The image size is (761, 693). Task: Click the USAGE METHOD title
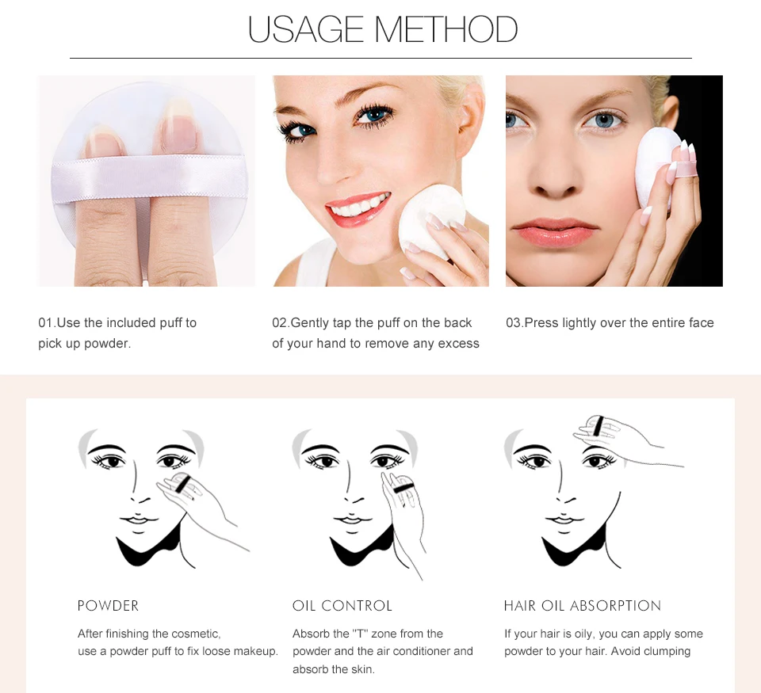(x=382, y=30)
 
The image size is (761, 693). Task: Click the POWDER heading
(x=109, y=606)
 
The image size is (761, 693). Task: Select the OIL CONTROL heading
(x=342, y=606)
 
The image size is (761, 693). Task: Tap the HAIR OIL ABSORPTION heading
(x=583, y=606)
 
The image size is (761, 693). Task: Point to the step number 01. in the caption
(x=47, y=323)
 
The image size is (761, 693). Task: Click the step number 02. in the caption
(x=281, y=323)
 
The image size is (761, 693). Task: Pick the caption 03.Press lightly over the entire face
(x=610, y=323)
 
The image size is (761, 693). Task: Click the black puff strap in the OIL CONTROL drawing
(x=400, y=485)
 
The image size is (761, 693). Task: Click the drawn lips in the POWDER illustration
(x=136, y=520)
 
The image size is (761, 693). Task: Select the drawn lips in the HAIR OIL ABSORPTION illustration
(x=561, y=520)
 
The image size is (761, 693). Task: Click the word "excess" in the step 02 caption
(x=459, y=344)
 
